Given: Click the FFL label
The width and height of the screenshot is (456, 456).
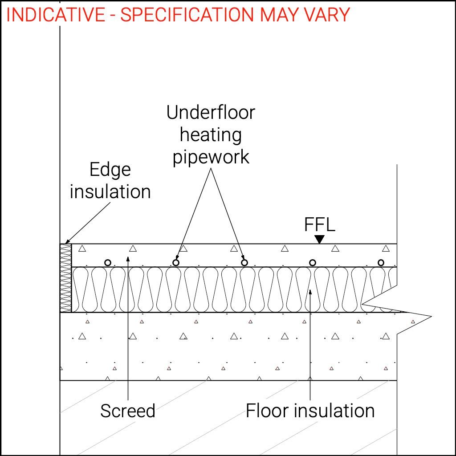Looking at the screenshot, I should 319,224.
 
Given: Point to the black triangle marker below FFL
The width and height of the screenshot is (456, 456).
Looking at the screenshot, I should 319,240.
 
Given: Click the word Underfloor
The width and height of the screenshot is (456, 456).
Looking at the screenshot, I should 211,113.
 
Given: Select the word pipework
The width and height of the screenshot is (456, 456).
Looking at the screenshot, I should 211,157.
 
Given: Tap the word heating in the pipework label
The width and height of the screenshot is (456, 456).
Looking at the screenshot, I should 211,134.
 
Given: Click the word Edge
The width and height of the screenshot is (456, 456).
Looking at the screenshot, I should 110,170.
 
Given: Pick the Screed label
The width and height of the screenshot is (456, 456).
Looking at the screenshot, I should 128,411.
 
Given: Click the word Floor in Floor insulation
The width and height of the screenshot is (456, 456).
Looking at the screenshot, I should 266,411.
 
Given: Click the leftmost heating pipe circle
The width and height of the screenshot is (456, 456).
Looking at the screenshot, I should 107,263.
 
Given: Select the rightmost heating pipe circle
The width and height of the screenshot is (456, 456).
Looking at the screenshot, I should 381,263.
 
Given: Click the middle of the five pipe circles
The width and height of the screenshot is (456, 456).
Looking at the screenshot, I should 244,263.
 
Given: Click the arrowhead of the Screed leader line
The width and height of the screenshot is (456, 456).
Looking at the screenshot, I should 128,257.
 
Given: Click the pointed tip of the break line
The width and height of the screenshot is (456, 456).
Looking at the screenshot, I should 431,317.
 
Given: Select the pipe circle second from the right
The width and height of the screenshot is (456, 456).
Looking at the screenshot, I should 313,263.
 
